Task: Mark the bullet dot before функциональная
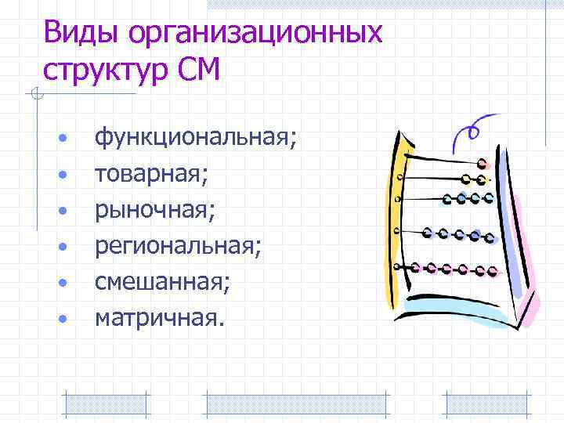point(62,140)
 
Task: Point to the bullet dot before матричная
point(62,317)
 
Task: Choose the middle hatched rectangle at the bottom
point(295,403)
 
